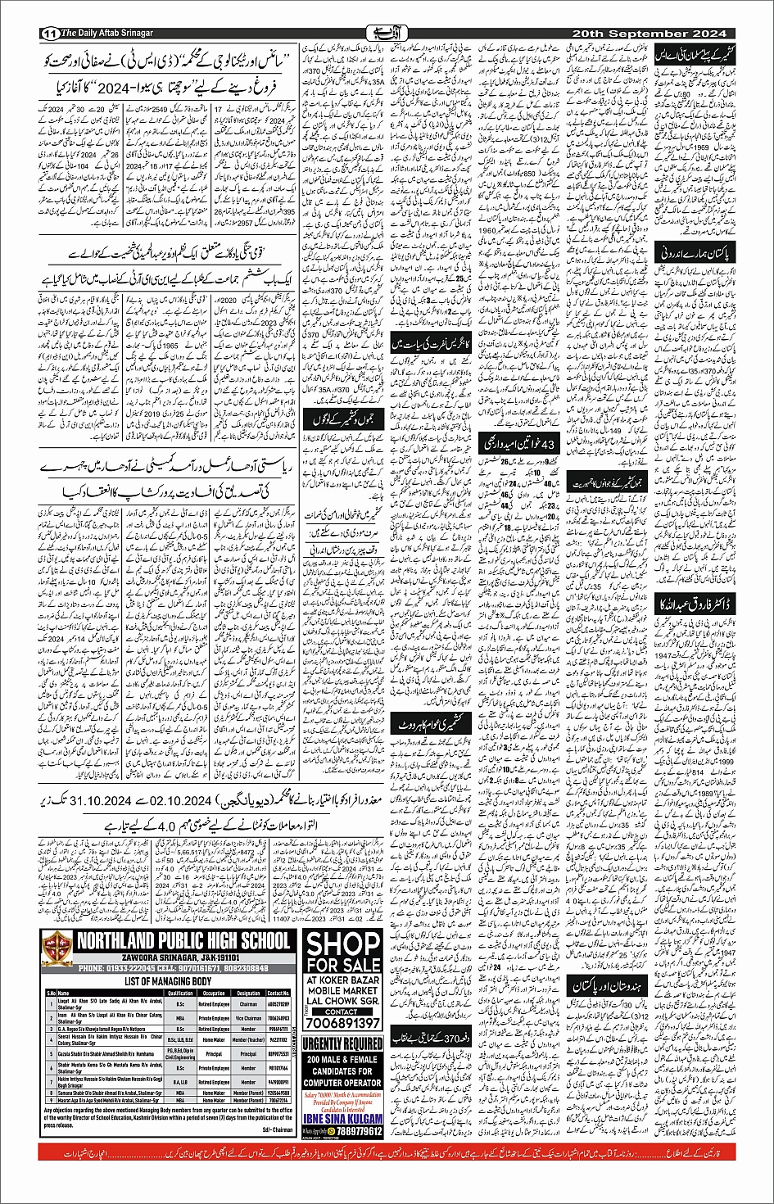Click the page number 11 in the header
pos(48,34)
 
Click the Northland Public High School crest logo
pos(56,948)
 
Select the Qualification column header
pos(179,993)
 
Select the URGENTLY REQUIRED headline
pos(342,1044)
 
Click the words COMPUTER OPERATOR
pos(342,1082)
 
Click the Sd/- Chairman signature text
pos(275,1129)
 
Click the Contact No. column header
pos(278,993)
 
